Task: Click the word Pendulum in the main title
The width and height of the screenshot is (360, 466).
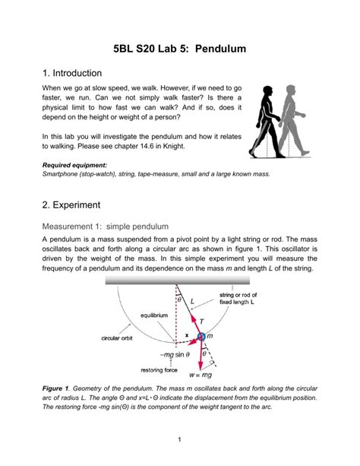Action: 220,49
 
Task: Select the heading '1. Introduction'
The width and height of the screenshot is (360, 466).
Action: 72,73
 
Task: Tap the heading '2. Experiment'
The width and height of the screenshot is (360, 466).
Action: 71,204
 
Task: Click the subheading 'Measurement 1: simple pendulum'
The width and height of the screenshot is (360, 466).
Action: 105,227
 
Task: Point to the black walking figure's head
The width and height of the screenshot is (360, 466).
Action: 267,91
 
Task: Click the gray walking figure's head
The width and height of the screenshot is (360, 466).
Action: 291,90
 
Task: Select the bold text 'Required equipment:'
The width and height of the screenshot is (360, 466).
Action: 74,165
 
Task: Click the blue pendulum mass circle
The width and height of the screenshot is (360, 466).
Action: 201,337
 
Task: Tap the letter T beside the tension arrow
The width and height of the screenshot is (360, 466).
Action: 202,322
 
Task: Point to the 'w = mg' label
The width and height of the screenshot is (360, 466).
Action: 201,375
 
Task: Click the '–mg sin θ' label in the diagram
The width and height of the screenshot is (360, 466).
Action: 175,354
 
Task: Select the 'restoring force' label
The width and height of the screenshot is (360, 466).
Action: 159,370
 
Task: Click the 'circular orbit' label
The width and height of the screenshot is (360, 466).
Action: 117,338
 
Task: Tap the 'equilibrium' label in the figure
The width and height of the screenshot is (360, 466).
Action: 154,315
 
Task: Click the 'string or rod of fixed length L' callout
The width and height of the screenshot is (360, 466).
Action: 238,299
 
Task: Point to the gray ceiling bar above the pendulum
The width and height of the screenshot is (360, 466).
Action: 178,280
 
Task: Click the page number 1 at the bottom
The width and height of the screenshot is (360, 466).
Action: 179,439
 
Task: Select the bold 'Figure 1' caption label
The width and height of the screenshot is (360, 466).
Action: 56,388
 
